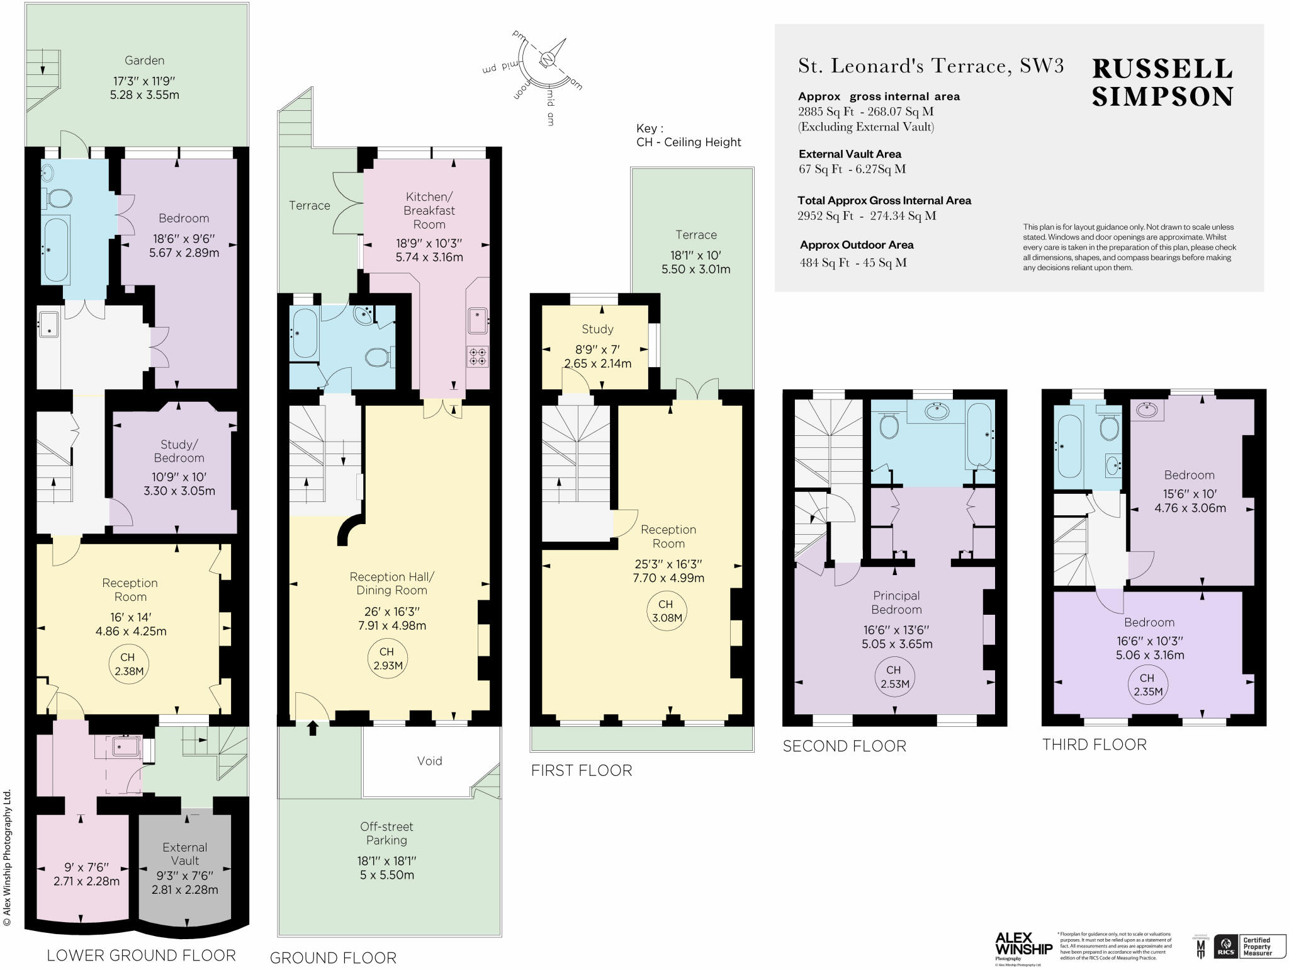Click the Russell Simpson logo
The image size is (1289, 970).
pyautogui.click(x=1162, y=83)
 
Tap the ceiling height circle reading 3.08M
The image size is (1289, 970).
pyautogui.click(x=667, y=611)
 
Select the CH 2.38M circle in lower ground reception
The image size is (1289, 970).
pyautogui.click(x=128, y=664)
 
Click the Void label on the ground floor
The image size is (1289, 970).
pyautogui.click(x=429, y=761)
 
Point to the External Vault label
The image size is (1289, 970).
pyautogui.click(x=184, y=854)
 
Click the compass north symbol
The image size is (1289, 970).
pyautogui.click(x=548, y=59)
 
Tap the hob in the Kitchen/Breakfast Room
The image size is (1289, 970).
pyautogui.click(x=478, y=357)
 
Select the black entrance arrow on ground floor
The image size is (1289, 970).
pyautogui.click(x=312, y=729)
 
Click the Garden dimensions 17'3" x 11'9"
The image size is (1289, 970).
pyautogui.click(x=144, y=81)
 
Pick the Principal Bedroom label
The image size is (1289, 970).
pyautogui.click(x=896, y=602)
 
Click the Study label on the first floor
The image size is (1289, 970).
pyautogui.click(x=597, y=329)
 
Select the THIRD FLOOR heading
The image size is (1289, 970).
pyautogui.click(x=1094, y=745)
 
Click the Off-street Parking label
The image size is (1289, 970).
pyautogui.click(x=386, y=833)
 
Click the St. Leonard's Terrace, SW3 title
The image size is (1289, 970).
pyautogui.click(x=930, y=66)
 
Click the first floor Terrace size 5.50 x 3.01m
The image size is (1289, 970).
pyautogui.click(x=695, y=269)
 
